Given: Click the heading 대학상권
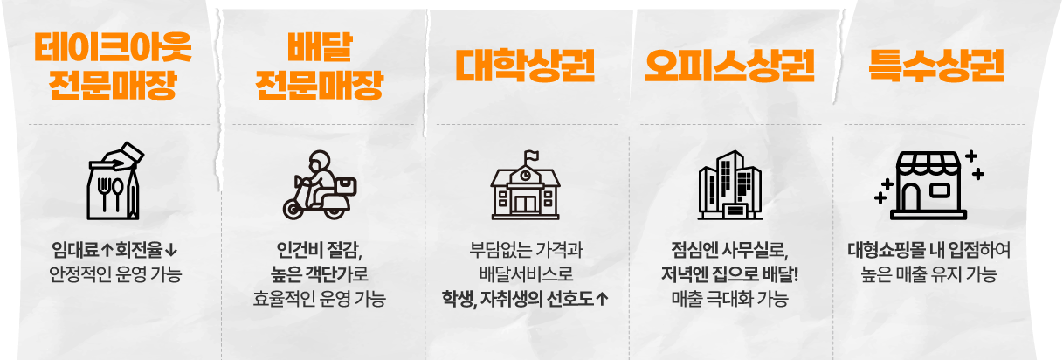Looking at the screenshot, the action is (x=524, y=64).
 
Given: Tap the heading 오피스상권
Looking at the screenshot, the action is (x=729, y=64).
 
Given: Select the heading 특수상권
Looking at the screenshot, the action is (x=935, y=64).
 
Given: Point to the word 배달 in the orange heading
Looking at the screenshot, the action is (x=319, y=46).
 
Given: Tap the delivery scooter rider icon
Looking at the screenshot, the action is (x=319, y=185).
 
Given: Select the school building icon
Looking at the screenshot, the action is (x=524, y=185).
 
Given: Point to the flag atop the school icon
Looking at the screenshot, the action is (x=529, y=157).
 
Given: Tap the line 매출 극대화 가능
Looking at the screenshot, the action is (x=729, y=300).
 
